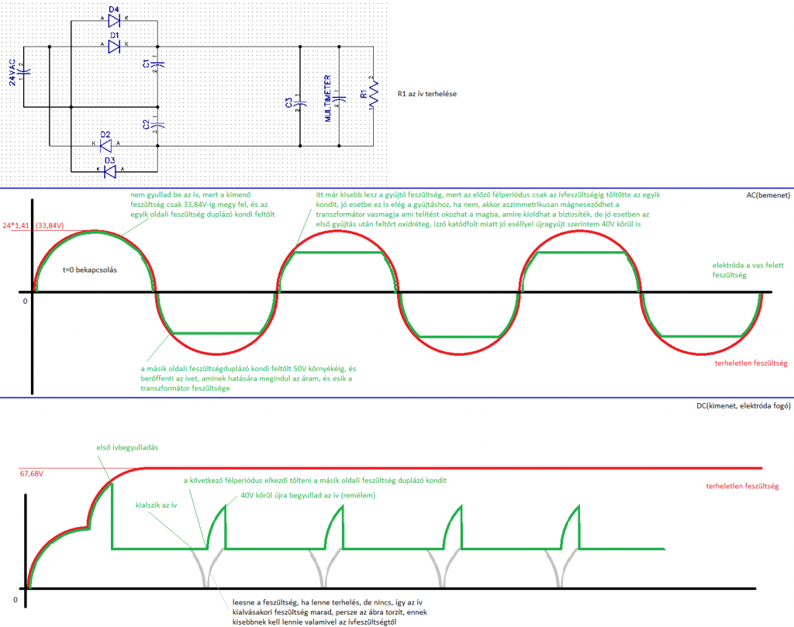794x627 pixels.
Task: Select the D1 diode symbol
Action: click(114, 47)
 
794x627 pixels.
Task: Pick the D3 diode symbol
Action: click(109, 171)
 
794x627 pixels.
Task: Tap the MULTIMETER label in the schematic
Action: click(329, 98)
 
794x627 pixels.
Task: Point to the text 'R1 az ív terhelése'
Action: click(430, 95)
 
